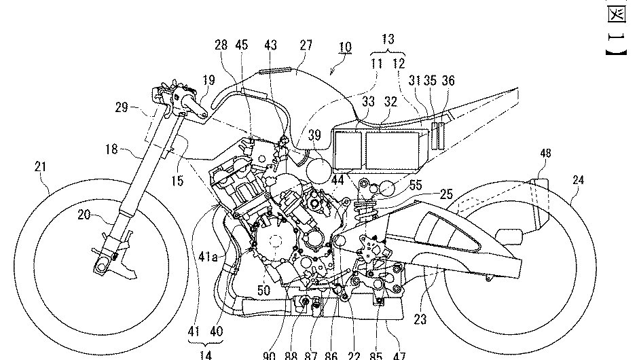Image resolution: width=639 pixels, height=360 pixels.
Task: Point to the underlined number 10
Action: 345,47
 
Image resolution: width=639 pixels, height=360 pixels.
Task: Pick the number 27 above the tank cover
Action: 306,46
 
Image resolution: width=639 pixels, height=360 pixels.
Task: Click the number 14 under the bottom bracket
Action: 205,353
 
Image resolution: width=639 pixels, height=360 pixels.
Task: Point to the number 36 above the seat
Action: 448,79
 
